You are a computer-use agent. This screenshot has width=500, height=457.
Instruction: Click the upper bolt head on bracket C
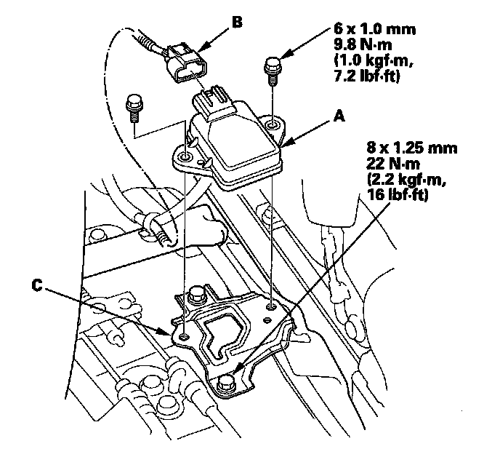tap(195, 296)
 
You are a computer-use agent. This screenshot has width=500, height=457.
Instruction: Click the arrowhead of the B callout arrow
tap(194, 52)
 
